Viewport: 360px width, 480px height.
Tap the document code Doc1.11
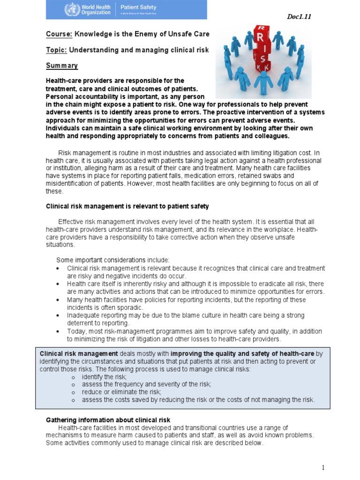pos(299,17)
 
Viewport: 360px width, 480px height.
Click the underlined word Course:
pos(60,34)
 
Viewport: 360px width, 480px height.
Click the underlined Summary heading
pos(62,66)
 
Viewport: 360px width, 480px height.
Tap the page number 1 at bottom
pos(323,467)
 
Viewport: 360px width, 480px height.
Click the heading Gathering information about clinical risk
pos(108,420)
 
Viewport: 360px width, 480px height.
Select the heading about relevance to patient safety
pos(127,206)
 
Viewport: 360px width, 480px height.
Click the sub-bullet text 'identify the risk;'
pos(104,376)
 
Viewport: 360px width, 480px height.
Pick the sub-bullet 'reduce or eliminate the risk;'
pos(121,392)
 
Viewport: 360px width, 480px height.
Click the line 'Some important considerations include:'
pos(113,260)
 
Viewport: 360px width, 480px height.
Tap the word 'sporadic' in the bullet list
pos(130,307)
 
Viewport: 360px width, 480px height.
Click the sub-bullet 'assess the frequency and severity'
pos(146,384)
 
